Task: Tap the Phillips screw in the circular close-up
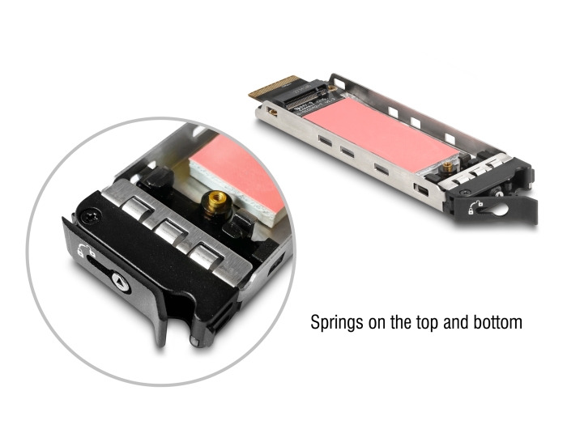[x=90, y=218]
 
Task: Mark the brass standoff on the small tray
[x=448, y=167]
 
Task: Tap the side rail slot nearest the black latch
[x=420, y=189]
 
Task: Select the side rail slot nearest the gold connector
[x=271, y=111]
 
